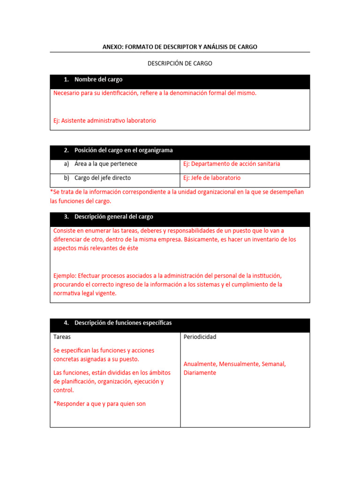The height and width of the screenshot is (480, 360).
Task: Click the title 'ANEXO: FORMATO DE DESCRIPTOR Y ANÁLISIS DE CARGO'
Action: click(x=180, y=47)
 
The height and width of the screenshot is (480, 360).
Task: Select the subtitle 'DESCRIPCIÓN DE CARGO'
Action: click(x=180, y=63)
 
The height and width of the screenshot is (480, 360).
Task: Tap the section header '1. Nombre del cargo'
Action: click(x=98, y=80)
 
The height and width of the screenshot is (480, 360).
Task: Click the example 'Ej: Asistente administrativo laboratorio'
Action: click(x=105, y=120)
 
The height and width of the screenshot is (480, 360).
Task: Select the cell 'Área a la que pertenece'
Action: click(x=105, y=164)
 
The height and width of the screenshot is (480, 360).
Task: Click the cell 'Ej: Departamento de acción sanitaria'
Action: click(x=232, y=164)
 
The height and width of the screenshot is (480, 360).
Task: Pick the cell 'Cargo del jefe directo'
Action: click(x=103, y=178)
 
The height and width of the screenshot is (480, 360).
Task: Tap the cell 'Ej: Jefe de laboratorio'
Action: click(x=212, y=178)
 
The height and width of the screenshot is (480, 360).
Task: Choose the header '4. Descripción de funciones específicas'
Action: click(x=123, y=323)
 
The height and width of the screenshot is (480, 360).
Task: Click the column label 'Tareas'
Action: click(x=62, y=337)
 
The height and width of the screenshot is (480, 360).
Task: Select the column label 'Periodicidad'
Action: click(x=200, y=337)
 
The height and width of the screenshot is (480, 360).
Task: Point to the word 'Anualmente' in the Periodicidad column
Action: click(x=200, y=364)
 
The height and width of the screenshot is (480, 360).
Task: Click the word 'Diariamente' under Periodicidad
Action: click(x=200, y=373)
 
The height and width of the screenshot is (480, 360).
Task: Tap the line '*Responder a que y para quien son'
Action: click(x=99, y=404)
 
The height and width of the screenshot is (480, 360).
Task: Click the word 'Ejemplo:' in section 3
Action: click(x=65, y=276)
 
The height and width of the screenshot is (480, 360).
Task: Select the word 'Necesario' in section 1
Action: click(x=67, y=93)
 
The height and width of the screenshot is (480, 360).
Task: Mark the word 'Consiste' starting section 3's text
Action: click(x=65, y=231)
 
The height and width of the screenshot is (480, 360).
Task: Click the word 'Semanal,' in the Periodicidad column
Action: click(x=274, y=364)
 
